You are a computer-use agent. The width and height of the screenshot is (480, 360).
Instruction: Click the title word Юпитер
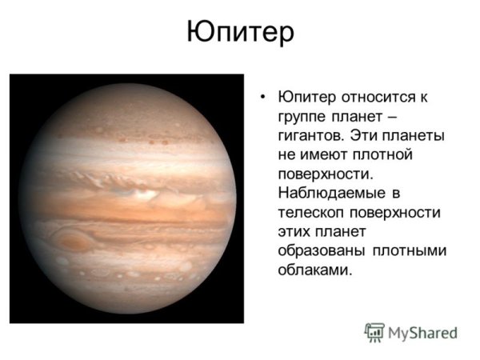240,33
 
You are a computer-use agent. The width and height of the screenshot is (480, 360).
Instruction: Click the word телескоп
311,213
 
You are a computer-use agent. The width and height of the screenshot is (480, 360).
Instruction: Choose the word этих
296,232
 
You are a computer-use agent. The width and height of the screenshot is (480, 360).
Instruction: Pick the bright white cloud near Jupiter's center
144,193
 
